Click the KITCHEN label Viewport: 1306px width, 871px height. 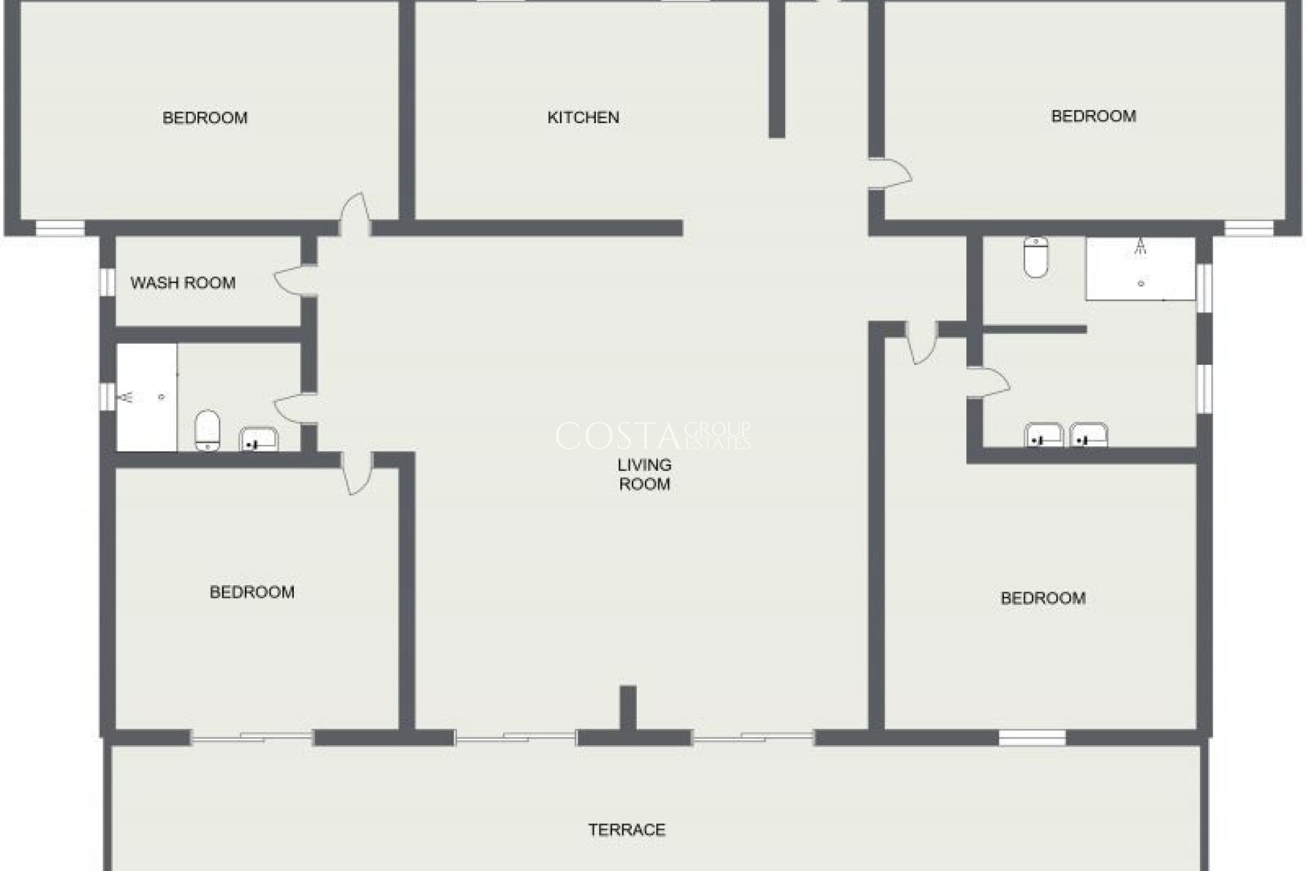583,118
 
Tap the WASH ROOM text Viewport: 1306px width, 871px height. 183,283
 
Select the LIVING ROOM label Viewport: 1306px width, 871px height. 644,474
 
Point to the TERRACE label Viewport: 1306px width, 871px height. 626,829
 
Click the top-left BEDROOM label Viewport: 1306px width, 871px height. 205,118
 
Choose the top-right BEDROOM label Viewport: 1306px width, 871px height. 1093,116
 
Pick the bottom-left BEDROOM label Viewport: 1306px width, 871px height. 252,592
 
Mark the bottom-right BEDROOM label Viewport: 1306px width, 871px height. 1043,598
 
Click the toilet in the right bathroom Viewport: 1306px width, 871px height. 1035,257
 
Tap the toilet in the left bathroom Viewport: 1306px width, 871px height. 207,430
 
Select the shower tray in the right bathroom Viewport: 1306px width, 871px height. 1140,269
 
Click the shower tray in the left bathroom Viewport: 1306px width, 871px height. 146,397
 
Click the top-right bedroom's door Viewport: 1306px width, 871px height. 891,173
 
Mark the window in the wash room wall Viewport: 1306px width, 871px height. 107,282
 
